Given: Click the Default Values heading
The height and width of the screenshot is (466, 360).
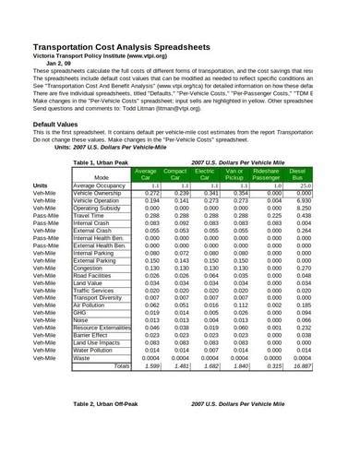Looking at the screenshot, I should pos(61,123).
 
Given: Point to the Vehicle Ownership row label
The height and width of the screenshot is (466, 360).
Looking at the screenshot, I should pos(97,193).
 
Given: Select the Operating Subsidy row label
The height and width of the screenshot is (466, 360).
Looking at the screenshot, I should pos(97,209).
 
